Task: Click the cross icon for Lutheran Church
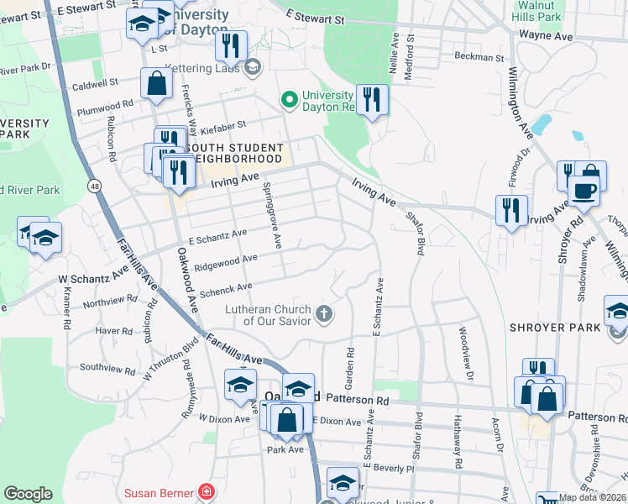[x=323, y=315]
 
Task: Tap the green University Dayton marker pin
[x=290, y=101]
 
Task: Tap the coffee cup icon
[x=584, y=189]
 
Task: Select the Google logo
[x=28, y=494]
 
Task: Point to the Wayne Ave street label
[x=545, y=35]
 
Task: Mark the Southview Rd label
[x=107, y=368]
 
